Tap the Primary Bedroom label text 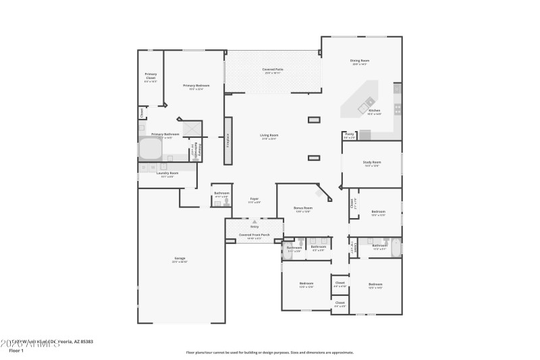pyautogui.click(x=196, y=86)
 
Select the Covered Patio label pyautogui.click(x=272, y=70)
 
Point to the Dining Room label pyautogui.click(x=360, y=61)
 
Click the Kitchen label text pyautogui.click(x=374, y=111)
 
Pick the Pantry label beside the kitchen pyautogui.click(x=350, y=134)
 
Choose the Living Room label pyautogui.click(x=269, y=135)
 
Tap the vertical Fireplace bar pyautogui.click(x=228, y=140)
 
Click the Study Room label pyautogui.click(x=373, y=162)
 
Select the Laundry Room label pyautogui.click(x=167, y=174)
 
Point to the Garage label pyautogui.click(x=180, y=259)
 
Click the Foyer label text pyautogui.click(x=255, y=199)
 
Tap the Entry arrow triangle pyautogui.click(x=254, y=222)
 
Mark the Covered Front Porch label pyautogui.click(x=254, y=235)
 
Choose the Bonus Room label pyautogui.click(x=302, y=208)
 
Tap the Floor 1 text pyautogui.click(x=16, y=351)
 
